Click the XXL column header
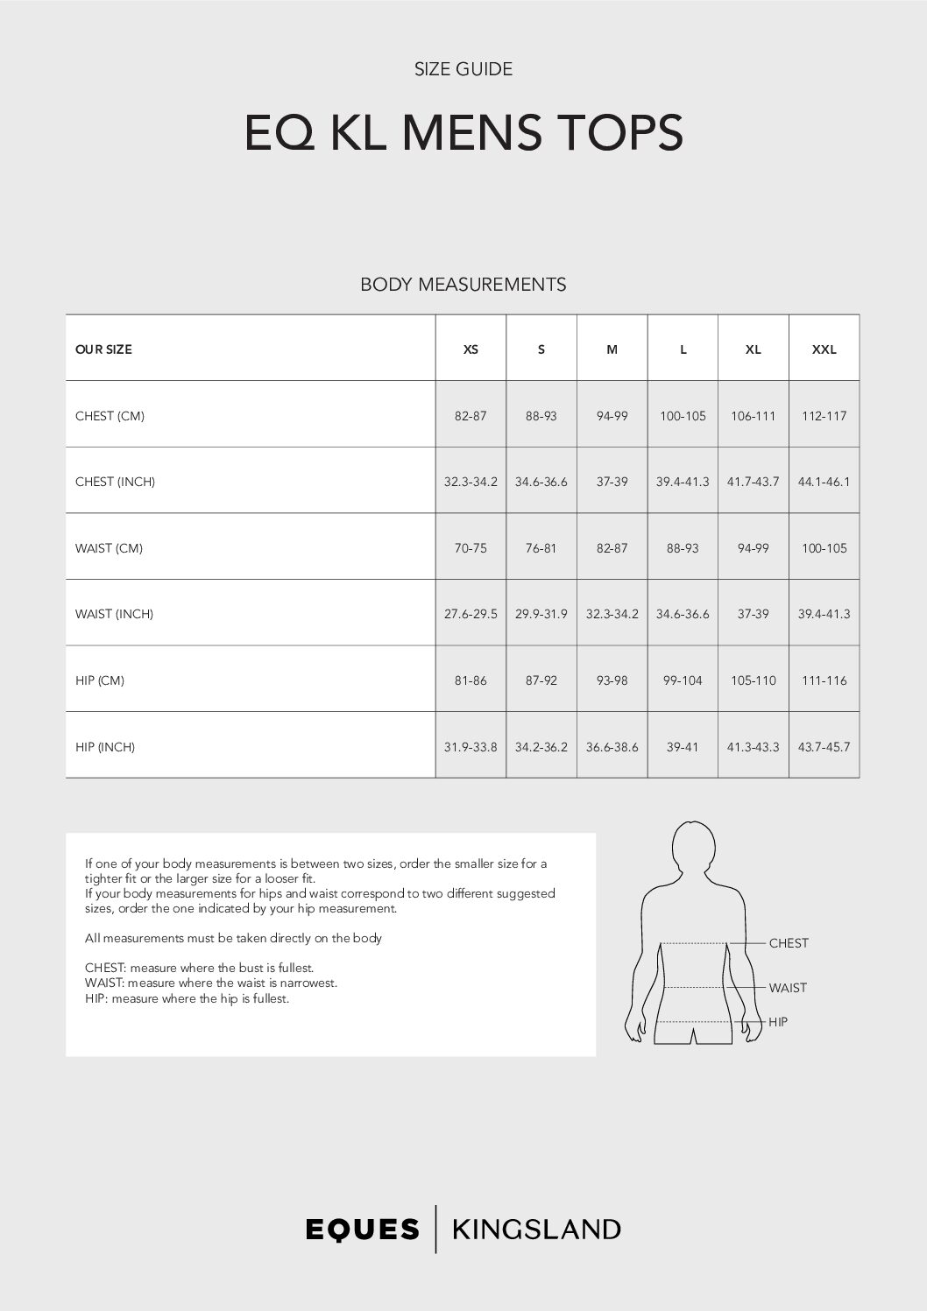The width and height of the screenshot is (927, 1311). coord(824,349)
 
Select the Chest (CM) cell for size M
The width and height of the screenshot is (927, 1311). coord(612,416)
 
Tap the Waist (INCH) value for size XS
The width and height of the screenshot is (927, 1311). coord(471,614)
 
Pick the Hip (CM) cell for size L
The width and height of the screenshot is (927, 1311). coord(683,680)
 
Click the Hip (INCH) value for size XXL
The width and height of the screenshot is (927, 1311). coord(824,747)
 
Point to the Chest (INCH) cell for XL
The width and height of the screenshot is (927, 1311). coord(753,482)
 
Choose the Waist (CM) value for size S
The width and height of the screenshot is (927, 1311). coord(541,548)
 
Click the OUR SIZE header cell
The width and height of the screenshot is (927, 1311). coord(103,349)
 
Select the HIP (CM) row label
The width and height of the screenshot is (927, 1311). coord(100,680)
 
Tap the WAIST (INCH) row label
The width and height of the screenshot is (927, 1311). coord(114,614)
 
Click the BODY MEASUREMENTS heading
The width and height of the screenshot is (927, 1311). coord(463,285)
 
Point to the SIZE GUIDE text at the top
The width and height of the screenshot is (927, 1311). coord(463,69)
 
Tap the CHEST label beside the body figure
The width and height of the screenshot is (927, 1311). coord(789,943)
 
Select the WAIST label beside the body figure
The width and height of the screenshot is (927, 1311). coord(788,988)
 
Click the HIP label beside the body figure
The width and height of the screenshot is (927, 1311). coord(778,1022)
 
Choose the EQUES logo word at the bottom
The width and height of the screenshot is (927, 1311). coord(363,1230)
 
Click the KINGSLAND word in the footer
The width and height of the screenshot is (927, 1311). coord(536,1230)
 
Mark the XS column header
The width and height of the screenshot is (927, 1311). coord(471,349)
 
